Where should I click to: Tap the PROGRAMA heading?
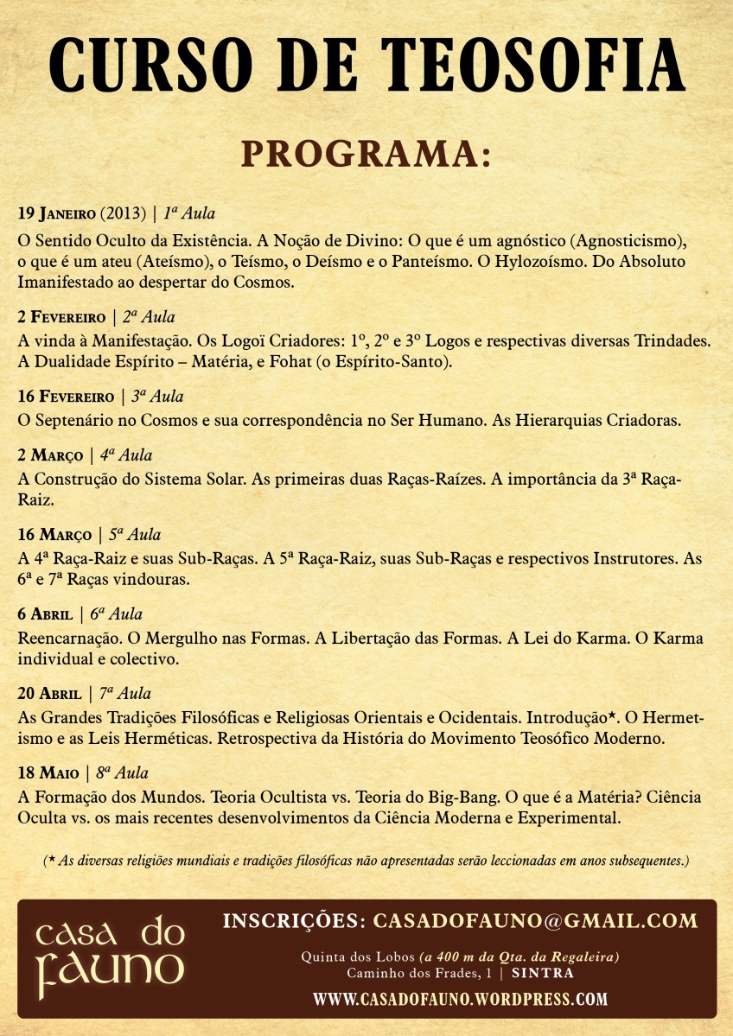(x=366, y=154)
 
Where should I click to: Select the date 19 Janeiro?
(x=56, y=213)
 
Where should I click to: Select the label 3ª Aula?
(x=156, y=397)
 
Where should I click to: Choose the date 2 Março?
(x=49, y=454)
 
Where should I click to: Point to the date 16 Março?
(x=54, y=534)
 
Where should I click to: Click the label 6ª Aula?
(x=117, y=614)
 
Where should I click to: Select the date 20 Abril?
(x=48, y=693)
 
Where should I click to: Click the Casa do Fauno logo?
(x=111, y=957)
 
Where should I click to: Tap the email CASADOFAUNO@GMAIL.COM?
(x=534, y=921)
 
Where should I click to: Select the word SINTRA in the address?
(x=542, y=973)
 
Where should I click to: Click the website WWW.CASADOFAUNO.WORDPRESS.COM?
(x=460, y=999)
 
